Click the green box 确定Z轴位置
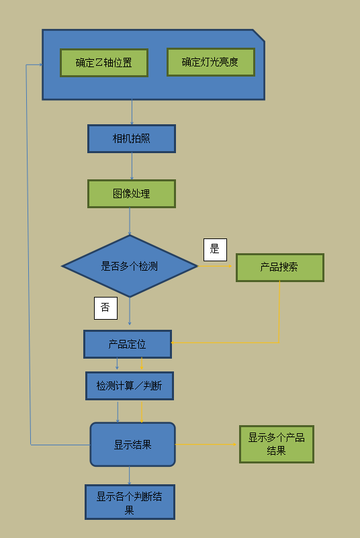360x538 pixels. coord(104,62)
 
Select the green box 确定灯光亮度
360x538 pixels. coord(211,62)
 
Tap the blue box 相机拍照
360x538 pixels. coord(132,138)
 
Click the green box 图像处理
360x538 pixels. coord(132,194)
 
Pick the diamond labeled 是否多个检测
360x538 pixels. coord(130,266)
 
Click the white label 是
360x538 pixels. coord(215,250)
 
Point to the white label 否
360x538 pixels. coord(105,308)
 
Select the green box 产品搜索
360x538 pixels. coord(280,267)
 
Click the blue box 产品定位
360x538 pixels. coord(128,344)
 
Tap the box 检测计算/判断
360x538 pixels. coord(130,386)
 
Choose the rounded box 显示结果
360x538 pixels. coord(133,445)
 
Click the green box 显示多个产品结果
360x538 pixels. coord(277,445)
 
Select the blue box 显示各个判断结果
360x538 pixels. coord(130,502)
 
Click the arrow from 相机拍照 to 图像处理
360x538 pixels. coord(132,167)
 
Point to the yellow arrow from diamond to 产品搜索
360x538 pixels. coord(215,266)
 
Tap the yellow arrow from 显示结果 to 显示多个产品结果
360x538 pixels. coord(206,445)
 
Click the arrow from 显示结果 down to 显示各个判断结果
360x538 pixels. coord(130,476)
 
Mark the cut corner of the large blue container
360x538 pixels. coord(259,36)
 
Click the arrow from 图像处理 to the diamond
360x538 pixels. coord(130,222)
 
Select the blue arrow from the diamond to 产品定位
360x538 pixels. coord(130,311)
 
